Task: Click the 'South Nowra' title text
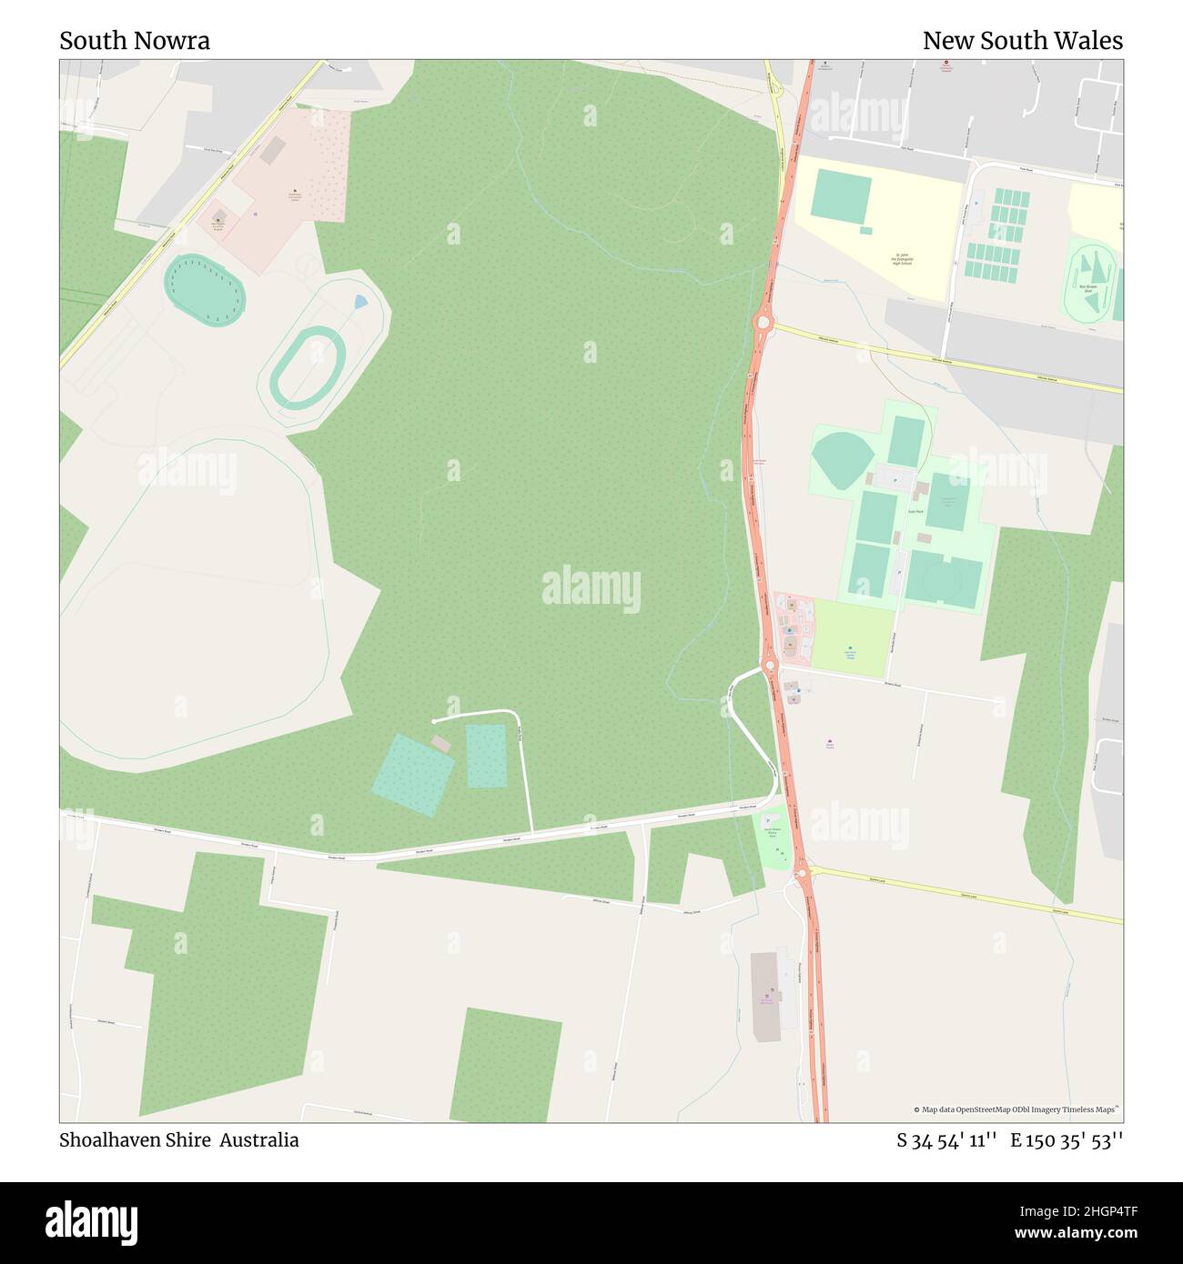coord(135,41)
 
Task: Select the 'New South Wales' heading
coord(1022,41)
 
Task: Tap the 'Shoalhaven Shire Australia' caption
coord(179,1140)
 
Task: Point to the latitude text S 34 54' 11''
coord(946,1141)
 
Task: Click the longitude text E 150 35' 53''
coord(1067,1141)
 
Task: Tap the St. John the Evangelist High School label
coord(902,259)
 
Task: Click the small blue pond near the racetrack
coord(360,301)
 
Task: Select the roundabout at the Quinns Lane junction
coord(803,874)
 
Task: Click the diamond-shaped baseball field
coord(843,459)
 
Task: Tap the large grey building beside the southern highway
coord(765,997)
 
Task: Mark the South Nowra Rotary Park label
coord(773,832)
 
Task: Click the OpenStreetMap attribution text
coord(1016,1109)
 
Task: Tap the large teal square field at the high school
coord(841,196)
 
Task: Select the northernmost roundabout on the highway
coord(762,321)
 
